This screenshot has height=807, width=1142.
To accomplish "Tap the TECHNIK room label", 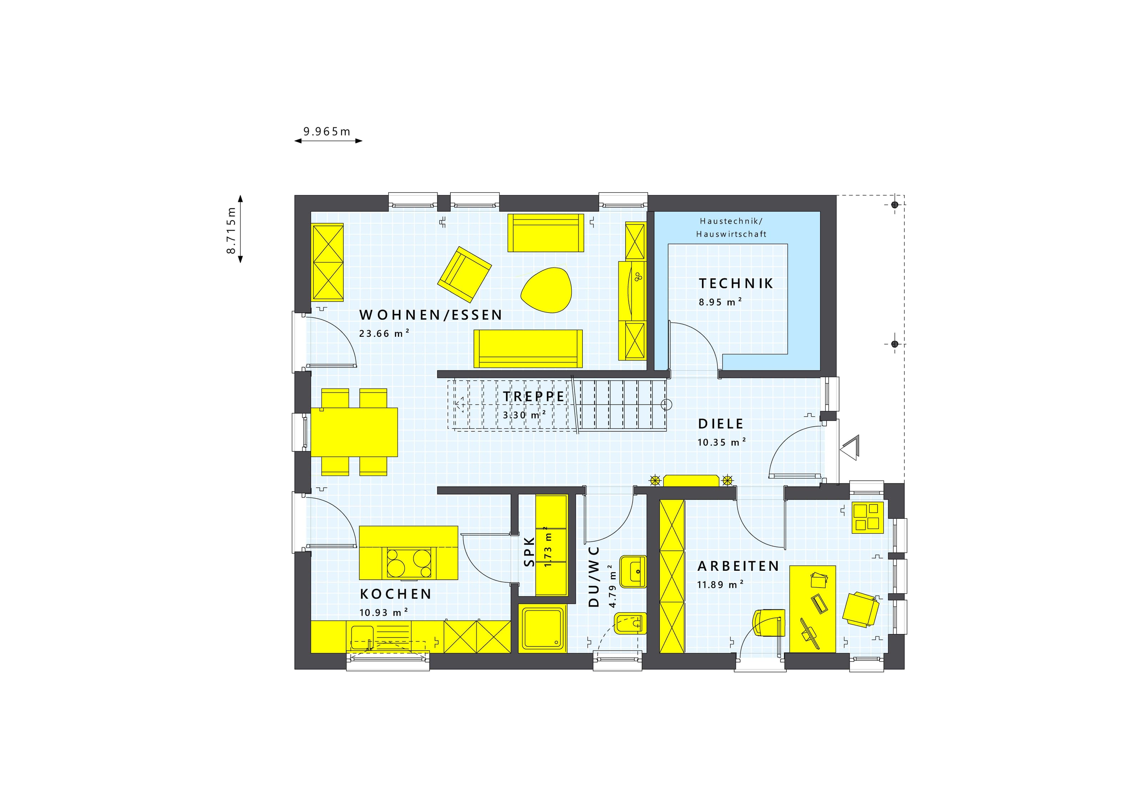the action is click(x=736, y=283).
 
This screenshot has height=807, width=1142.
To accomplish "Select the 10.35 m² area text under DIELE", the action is click(x=722, y=442).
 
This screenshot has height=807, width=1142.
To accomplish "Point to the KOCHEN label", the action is click(x=395, y=594).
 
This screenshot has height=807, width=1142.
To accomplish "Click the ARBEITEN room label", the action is click(x=738, y=566).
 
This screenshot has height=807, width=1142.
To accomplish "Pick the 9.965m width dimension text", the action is click(x=327, y=132).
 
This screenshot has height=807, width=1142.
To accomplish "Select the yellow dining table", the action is click(x=354, y=432).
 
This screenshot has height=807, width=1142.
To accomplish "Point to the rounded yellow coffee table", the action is click(x=546, y=290).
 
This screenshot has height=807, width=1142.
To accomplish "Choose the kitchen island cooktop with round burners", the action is click(x=409, y=563).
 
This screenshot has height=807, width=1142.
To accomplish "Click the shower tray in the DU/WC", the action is click(x=543, y=629).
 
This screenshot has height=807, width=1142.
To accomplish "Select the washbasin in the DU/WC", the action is click(x=633, y=572).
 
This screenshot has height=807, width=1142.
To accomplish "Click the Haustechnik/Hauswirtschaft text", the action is click(x=731, y=228).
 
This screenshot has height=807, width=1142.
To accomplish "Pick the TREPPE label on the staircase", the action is click(x=534, y=397).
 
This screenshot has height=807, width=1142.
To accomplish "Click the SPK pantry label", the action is click(x=529, y=552).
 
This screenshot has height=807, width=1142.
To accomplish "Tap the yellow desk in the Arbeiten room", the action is click(x=813, y=609).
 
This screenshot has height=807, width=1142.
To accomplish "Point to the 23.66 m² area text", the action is click(x=384, y=333).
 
